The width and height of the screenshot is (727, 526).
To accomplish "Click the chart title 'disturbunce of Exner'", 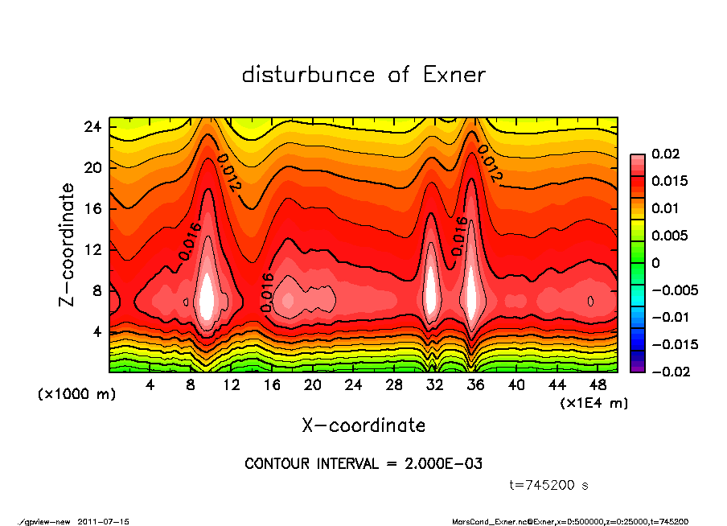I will [363, 75].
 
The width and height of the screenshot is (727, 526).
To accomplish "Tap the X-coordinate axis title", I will [363, 425].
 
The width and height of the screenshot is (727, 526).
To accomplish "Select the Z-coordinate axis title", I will [68, 244].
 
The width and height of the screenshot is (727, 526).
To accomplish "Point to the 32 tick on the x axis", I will [435, 385].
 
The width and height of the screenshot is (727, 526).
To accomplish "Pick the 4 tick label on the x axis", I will [150, 385].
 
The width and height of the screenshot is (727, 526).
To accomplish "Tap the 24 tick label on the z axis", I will [92, 127].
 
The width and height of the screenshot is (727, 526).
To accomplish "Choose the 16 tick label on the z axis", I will [92, 208].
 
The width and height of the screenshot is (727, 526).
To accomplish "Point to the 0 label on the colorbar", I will [655, 263].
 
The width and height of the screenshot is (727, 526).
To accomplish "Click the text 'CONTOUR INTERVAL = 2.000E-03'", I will [363, 464].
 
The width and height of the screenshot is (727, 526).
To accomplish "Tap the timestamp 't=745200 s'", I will [549, 485].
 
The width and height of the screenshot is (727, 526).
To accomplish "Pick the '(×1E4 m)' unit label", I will [594, 402].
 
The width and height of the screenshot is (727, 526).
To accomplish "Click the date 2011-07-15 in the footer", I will [104, 521].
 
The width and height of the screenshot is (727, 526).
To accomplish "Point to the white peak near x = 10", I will [208, 296].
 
